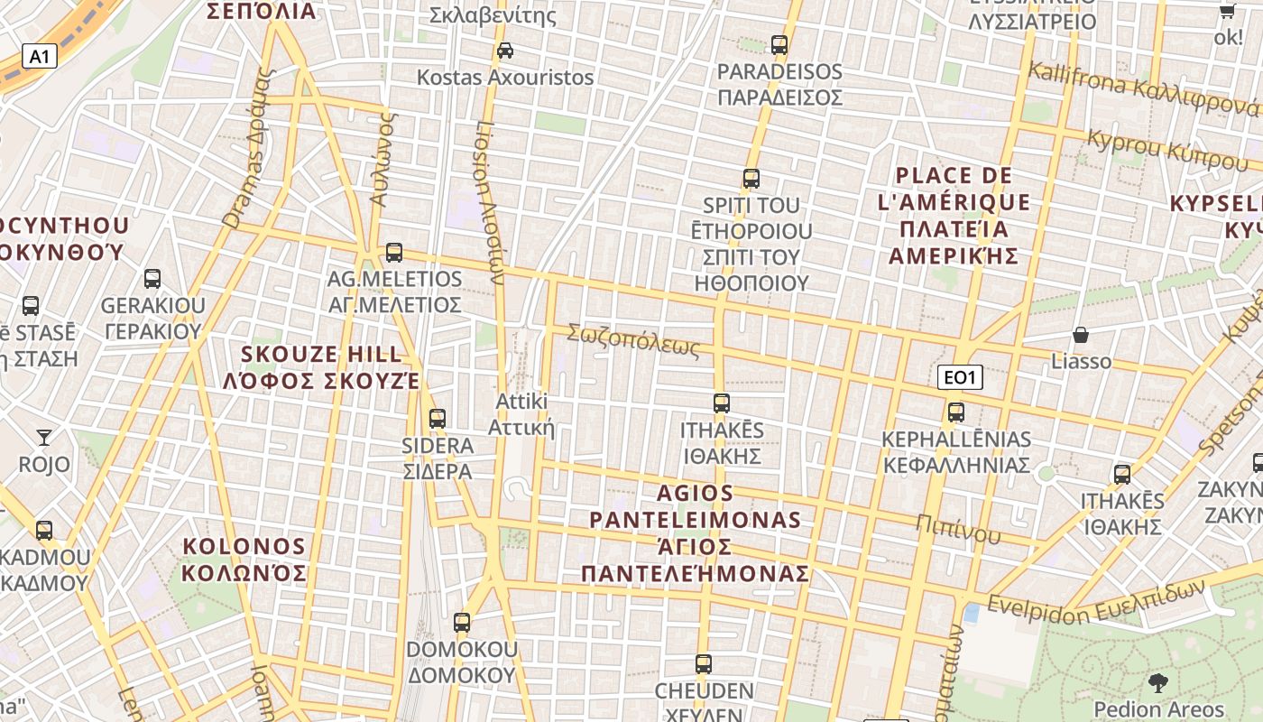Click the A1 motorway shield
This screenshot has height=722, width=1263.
tap(39, 57)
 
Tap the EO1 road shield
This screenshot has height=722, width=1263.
tap(960, 377)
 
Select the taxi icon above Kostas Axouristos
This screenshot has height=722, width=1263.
tap(505, 51)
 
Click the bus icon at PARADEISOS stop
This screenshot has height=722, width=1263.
tap(779, 44)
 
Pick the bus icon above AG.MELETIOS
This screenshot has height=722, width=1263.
tap(394, 253)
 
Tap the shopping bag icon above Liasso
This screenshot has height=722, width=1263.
tap(1081, 335)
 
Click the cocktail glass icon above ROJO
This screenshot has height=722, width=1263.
tap(44, 438)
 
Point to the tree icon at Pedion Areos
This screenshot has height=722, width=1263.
tap(1158, 683)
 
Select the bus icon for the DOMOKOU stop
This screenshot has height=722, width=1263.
tap(462, 622)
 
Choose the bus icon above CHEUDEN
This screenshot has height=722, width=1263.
tap(704, 664)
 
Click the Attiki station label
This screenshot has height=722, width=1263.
tap(521, 413)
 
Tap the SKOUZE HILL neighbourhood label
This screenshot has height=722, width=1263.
tap(321, 366)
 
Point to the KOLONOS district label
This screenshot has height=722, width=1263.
tap(244, 560)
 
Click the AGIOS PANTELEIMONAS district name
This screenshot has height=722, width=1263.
tap(695, 532)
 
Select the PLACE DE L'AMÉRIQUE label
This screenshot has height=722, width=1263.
tap(954, 215)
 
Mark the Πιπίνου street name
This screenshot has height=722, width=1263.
tap(958, 529)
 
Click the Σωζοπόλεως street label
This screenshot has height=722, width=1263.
tap(633, 340)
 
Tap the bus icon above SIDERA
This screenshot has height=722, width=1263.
tap(438, 419)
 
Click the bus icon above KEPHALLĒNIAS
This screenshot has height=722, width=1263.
tap(956, 412)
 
